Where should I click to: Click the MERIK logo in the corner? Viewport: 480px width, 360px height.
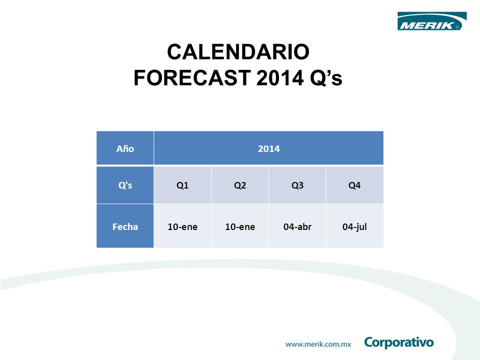point(432,21)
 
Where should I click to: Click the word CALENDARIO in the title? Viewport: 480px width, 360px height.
point(238,51)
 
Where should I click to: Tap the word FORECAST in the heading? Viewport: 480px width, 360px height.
point(192,78)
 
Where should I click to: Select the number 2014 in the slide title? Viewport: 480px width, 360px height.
point(280,78)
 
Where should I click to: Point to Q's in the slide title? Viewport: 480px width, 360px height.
point(326,78)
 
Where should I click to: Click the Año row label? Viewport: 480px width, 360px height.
point(125,148)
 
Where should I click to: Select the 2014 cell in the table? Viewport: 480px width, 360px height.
point(268,148)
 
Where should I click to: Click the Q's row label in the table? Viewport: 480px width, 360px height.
point(125,185)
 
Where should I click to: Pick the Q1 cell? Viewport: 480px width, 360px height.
point(182,185)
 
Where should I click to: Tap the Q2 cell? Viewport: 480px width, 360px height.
point(240,185)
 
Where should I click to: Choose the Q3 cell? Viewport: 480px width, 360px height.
point(297,185)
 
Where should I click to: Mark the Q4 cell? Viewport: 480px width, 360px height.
point(354,185)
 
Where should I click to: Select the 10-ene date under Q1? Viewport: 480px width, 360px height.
point(182,226)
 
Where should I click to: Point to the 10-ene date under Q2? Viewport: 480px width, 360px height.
point(240,226)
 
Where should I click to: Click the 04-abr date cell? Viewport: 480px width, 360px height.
point(297,226)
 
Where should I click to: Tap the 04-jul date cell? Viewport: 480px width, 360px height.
point(354,226)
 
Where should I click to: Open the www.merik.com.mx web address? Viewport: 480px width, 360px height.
point(318,344)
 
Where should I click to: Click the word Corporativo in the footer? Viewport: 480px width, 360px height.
point(399,342)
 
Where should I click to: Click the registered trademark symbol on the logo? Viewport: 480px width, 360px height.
point(457,27)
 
